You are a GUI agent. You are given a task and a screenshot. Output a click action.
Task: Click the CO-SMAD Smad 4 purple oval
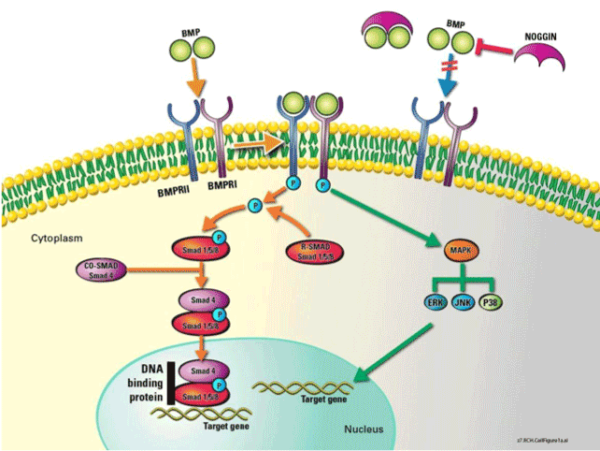point(106,272)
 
